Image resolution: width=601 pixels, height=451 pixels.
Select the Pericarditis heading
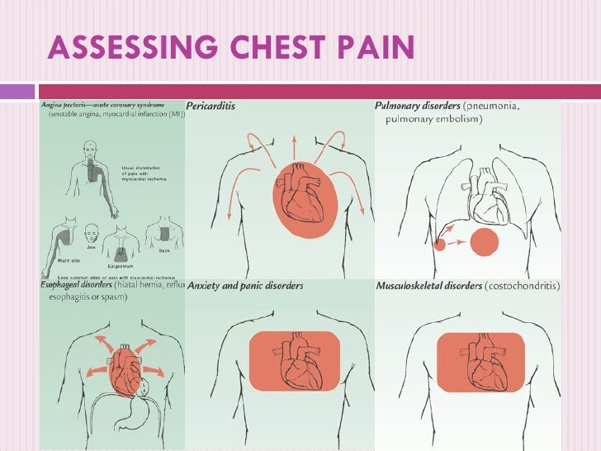coord(212,107)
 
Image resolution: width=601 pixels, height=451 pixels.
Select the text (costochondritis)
coord(522,287)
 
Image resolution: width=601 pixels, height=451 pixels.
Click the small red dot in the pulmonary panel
coord(438,244)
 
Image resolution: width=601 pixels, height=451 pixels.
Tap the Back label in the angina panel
coord(163,250)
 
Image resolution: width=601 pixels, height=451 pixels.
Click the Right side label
coord(69,260)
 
